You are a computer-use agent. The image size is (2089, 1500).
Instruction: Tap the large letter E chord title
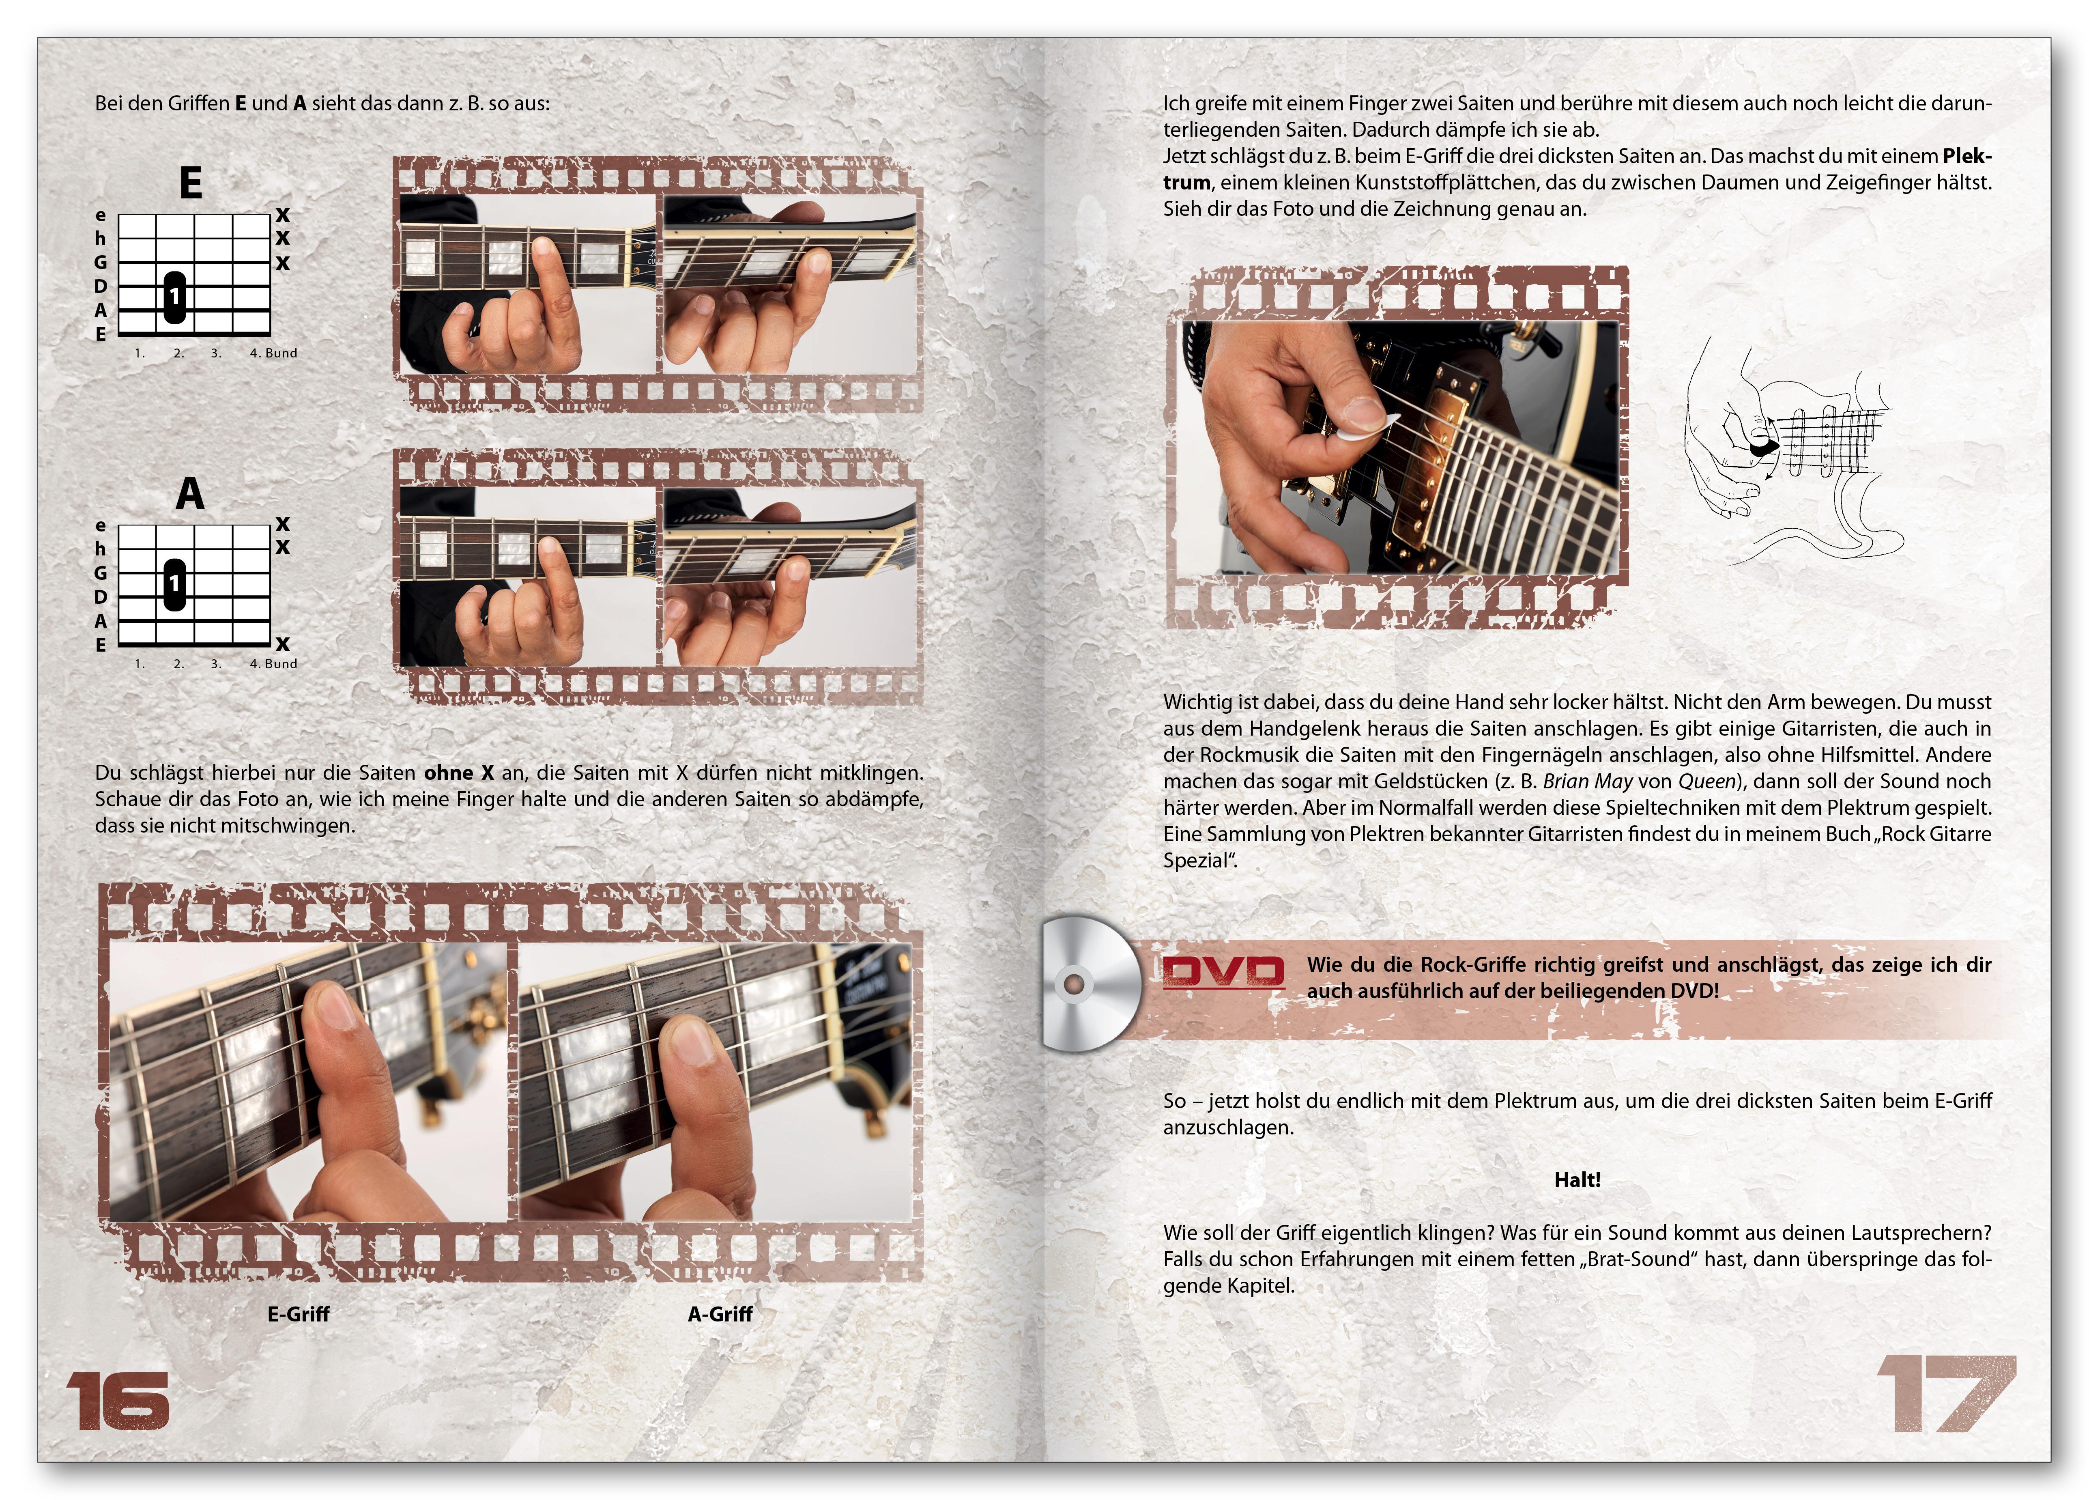(191, 183)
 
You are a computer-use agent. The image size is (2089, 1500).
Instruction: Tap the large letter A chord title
(190, 493)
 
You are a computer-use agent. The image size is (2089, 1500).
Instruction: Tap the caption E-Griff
(299, 1314)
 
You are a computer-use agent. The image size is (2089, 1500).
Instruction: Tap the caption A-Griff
(720, 1314)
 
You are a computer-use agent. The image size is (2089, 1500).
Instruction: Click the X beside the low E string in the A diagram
(283, 644)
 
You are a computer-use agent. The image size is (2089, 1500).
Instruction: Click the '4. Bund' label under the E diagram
(273, 353)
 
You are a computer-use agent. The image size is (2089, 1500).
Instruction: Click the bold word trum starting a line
(1186, 183)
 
